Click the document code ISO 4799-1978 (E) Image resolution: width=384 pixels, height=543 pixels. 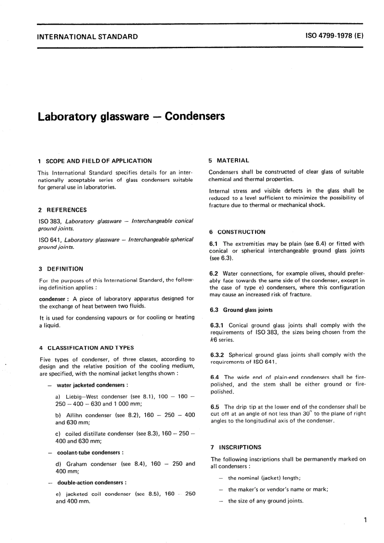(335, 36)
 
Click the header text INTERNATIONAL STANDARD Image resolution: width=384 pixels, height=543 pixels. (87, 37)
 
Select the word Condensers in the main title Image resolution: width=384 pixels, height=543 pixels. (195, 116)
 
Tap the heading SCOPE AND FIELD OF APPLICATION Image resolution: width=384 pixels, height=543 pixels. (99, 161)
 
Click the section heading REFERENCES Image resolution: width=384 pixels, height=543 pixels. (67, 210)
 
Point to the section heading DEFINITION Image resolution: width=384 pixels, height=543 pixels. (65, 268)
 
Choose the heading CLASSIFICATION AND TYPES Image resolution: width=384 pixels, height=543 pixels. (91, 347)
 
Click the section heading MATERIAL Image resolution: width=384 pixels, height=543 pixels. (233, 160)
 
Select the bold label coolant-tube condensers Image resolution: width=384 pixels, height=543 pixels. (89, 452)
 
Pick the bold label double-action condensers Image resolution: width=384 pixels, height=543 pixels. (91, 482)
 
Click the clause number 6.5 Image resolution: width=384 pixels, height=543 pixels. (215, 407)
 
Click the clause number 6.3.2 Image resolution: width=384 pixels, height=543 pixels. (217, 355)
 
